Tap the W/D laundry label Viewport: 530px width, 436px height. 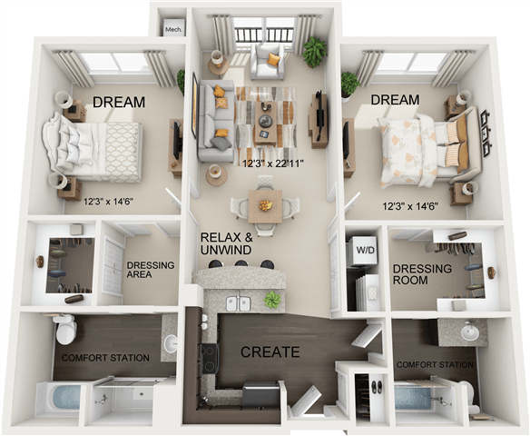coord(363,250)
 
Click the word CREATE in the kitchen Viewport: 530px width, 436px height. coord(269,352)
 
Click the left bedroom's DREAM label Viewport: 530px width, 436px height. coord(118,103)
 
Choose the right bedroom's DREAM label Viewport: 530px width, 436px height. coord(393,99)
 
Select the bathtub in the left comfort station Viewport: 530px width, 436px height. coord(57,398)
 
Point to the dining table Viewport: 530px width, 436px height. coord(264,204)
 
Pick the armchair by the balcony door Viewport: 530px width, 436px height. coord(269,62)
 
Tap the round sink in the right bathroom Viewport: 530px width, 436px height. coord(469,333)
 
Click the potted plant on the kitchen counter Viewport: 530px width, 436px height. coord(270,300)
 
